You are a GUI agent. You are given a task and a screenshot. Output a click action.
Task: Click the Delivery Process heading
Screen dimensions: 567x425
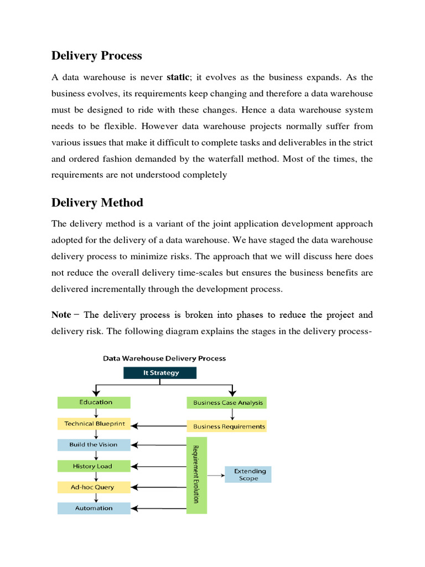96,56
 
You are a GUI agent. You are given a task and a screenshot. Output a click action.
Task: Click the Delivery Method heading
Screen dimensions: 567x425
97,203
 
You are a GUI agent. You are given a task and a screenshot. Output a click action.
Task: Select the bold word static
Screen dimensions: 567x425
178,77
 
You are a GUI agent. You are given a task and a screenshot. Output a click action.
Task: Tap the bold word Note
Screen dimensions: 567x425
61,315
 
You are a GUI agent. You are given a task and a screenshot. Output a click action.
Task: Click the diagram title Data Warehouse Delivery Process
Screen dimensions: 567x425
164,358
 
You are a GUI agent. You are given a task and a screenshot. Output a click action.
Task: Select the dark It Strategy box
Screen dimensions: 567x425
159,373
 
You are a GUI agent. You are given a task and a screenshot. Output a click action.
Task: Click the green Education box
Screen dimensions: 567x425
94,403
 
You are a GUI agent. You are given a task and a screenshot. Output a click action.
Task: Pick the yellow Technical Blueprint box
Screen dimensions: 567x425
94,424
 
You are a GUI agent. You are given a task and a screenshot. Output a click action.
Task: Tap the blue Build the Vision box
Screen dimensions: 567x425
94,445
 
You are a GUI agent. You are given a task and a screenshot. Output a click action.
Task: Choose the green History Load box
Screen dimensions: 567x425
94,466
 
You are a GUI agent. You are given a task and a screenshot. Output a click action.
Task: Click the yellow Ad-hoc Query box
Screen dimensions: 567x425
94,487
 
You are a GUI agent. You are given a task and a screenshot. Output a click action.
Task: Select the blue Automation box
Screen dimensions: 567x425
94,508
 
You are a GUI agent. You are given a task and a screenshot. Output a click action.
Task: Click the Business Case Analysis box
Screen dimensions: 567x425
226,403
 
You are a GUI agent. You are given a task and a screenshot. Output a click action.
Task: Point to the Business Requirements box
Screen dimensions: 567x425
226,426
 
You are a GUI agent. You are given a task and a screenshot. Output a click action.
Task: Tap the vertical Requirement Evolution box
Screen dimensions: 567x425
196,475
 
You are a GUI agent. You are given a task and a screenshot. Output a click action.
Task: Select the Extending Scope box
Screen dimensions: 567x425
248,475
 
